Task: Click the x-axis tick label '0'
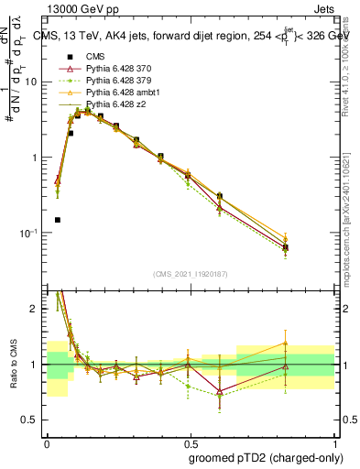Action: tap(47, 442)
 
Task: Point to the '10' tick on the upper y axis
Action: tap(31, 82)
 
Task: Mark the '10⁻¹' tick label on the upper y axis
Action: tap(27, 233)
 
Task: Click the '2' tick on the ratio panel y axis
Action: tap(35, 309)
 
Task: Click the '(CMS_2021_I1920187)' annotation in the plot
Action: tap(190, 274)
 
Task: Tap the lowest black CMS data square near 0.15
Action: tap(58, 220)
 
